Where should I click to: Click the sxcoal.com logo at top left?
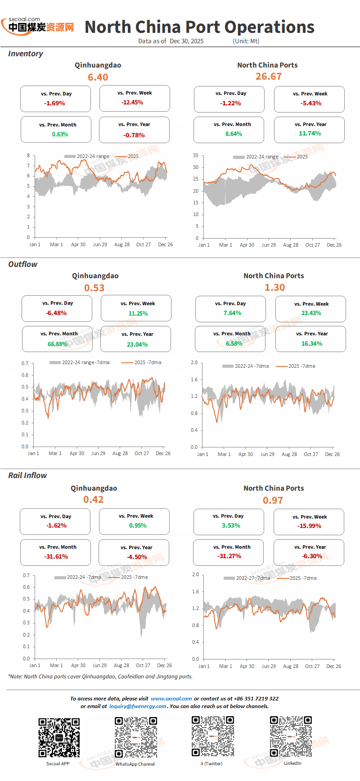tap(38, 26)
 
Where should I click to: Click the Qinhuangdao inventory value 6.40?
tap(98, 77)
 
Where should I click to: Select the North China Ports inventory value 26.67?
tap(269, 77)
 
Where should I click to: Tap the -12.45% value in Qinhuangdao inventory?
tap(132, 102)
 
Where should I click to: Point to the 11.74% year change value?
tap(310, 133)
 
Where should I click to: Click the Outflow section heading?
tap(23, 264)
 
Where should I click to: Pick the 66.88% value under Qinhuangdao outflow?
tap(58, 344)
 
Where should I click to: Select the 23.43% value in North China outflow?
tap(311, 313)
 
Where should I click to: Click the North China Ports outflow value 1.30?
tap(275, 287)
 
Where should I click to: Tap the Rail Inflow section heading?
tap(27, 475)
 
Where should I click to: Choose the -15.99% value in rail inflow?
tap(309, 526)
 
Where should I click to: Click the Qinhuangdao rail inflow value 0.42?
tap(94, 500)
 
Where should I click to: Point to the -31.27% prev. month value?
tap(229, 556)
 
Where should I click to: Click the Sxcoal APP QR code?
tap(59, 737)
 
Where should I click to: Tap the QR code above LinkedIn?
tap(291, 736)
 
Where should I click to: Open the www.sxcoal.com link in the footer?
tap(171, 699)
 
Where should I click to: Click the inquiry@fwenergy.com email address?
tap(138, 706)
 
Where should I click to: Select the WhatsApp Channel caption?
tap(135, 764)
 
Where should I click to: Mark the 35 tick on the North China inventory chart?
tap(196, 155)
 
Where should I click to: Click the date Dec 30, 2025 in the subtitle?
tap(187, 41)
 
